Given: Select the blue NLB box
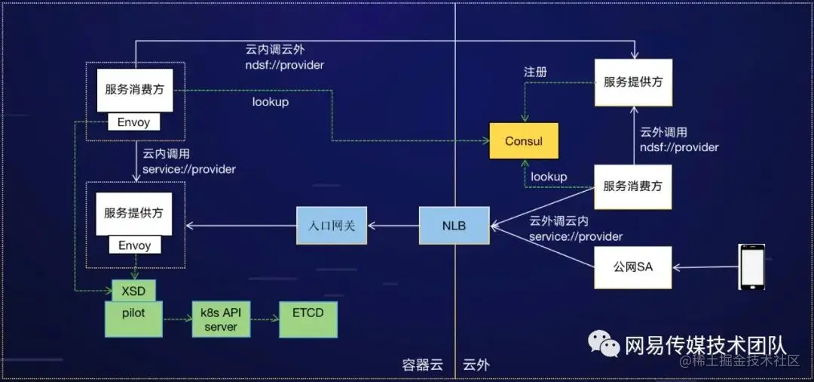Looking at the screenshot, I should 454,225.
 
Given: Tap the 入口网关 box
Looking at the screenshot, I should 332,225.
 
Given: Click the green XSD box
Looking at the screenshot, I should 133,291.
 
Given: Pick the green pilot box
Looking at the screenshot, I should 133,318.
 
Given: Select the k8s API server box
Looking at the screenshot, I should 220,319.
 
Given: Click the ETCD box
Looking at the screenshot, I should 308,319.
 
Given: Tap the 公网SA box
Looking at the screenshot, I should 632,266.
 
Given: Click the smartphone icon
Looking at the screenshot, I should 751,266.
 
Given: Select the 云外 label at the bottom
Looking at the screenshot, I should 476,365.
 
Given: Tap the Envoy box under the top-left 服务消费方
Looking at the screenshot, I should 134,122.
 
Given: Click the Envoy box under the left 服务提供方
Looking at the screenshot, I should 134,245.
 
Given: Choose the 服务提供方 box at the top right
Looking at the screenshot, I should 633,82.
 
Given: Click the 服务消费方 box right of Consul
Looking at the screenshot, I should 633,185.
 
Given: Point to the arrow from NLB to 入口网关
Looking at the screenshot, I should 393,225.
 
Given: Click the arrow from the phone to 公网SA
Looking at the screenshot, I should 705,266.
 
